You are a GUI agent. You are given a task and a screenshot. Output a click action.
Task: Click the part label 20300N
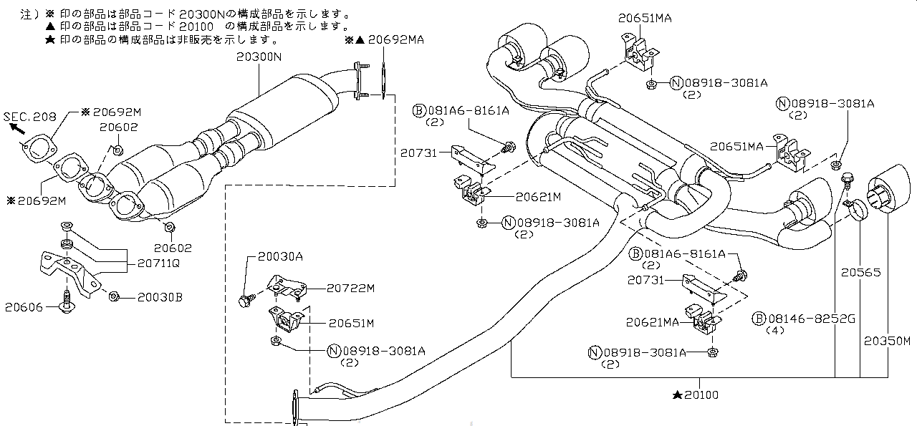[x=259, y=57]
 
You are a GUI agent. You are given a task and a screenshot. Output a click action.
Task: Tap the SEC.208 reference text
[x=30, y=117]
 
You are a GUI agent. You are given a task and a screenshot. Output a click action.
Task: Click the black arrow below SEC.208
[x=16, y=128]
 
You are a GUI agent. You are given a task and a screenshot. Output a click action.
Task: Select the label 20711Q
[x=158, y=263]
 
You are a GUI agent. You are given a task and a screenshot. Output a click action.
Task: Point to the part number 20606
[x=24, y=307]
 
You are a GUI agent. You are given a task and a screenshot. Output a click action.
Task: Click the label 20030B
[x=160, y=297]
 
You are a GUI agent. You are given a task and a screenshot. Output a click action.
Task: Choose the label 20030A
[x=280, y=256]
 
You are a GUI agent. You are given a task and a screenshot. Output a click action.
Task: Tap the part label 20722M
[x=351, y=288]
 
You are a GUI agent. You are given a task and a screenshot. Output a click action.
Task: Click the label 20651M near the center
[x=352, y=324]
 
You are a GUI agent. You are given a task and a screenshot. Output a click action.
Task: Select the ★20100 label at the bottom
[x=696, y=395]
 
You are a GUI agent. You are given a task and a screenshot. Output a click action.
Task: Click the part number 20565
[x=860, y=273]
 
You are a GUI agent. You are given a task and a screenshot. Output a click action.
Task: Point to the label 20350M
[x=887, y=341]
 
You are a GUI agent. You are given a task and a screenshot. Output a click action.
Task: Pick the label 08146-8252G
[x=812, y=319]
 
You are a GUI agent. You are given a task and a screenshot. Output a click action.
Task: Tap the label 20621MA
[x=653, y=322]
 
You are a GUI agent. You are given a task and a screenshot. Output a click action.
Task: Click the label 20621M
[x=538, y=197]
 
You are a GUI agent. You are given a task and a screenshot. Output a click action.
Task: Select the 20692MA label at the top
[x=396, y=39]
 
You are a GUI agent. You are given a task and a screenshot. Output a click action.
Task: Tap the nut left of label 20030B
[x=114, y=296]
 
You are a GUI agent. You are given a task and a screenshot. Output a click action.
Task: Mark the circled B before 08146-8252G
[x=759, y=319]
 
